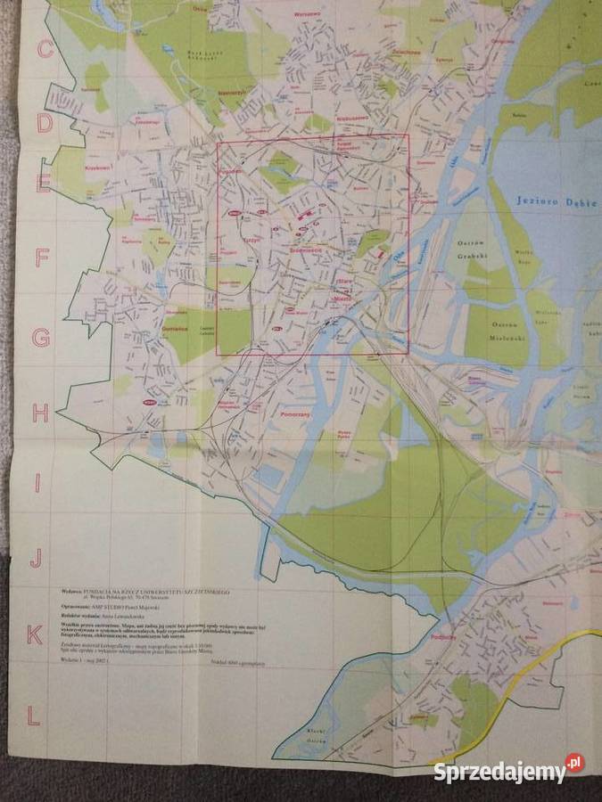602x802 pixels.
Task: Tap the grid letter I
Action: point(37,483)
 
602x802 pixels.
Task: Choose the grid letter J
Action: point(36,559)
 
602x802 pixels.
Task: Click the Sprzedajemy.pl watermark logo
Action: point(508,770)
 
